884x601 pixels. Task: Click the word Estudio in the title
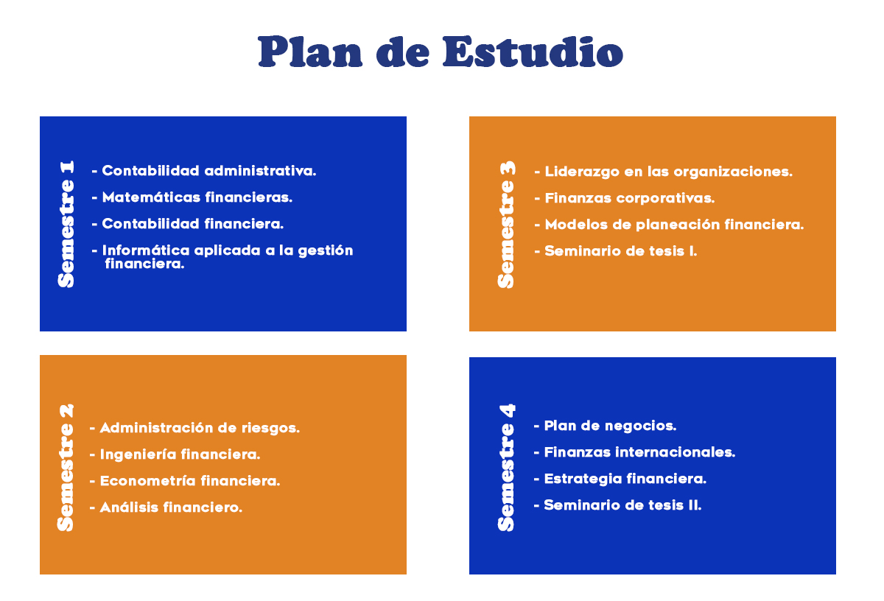(x=533, y=52)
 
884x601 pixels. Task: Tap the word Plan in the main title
(x=310, y=52)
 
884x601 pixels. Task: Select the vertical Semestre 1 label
(x=66, y=224)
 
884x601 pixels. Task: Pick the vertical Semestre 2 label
(x=66, y=468)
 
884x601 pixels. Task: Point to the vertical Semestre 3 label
(x=507, y=225)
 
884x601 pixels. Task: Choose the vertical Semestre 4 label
(x=507, y=468)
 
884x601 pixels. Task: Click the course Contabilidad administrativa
(x=209, y=171)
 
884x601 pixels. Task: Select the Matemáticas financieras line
(x=197, y=197)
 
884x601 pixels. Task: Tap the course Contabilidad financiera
(x=192, y=224)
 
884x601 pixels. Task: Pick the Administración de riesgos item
(x=200, y=428)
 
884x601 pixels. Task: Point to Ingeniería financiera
(x=180, y=454)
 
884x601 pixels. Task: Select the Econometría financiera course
(x=190, y=481)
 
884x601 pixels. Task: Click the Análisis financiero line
(x=171, y=507)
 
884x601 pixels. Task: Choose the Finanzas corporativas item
(x=629, y=198)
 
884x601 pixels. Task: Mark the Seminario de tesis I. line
(x=621, y=251)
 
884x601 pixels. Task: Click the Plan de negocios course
(x=610, y=426)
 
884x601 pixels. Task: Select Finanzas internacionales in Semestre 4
(x=639, y=452)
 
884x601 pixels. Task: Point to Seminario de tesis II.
(x=622, y=505)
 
